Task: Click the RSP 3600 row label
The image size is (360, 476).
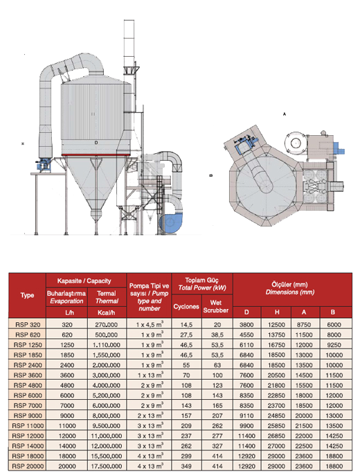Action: click(28, 375)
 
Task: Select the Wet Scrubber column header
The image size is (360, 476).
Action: click(215, 306)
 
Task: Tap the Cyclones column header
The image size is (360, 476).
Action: click(186, 306)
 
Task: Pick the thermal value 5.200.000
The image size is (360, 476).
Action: click(106, 395)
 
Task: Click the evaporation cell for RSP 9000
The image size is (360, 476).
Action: click(67, 415)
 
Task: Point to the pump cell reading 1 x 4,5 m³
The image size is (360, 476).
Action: click(150, 324)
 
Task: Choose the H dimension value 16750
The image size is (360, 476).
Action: click(276, 344)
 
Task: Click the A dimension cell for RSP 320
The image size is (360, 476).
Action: click(304, 324)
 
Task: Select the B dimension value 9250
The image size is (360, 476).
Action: click(334, 344)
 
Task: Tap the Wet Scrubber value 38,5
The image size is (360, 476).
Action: click(217, 335)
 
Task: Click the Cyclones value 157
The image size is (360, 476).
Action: click(186, 415)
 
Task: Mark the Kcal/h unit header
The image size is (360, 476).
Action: click(106, 312)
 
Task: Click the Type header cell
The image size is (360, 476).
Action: click(27, 295)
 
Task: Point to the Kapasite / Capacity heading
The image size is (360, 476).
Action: click(84, 281)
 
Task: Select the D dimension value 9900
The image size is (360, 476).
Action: click(246, 425)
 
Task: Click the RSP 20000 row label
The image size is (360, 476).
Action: click(28, 466)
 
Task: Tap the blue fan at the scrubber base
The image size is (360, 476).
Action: click(171, 223)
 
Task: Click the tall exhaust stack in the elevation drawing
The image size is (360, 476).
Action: click(129, 44)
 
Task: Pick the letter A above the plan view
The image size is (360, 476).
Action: click(284, 114)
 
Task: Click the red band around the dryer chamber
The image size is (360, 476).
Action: click(96, 155)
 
